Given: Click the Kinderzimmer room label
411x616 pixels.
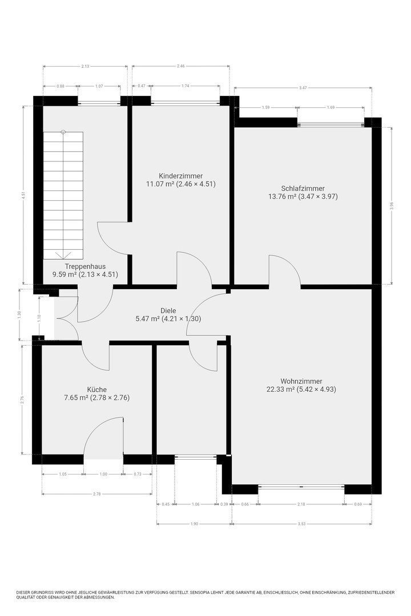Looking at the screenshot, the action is pyautogui.click(x=180, y=176).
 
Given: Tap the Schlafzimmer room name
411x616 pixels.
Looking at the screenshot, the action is pyautogui.click(x=303, y=189).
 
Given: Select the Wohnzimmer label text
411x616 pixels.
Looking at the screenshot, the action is pyautogui.click(x=301, y=381).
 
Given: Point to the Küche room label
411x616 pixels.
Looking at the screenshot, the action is pyautogui.click(x=96, y=390).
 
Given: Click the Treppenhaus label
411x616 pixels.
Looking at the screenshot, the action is pyautogui.click(x=86, y=266).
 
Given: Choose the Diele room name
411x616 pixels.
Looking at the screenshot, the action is pyautogui.click(x=168, y=311).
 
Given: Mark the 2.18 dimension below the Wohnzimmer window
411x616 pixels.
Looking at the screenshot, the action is pyautogui.click(x=301, y=504).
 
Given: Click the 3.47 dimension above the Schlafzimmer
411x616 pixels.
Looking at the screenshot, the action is pyautogui.click(x=303, y=88).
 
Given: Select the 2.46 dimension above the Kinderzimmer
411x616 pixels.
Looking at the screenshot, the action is pyautogui.click(x=180, y=66).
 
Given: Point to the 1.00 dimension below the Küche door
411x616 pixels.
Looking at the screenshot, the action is pyautogui.click(x=103, y=474).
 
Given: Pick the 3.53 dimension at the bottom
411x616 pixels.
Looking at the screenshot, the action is pyautogui.click(x=301, y=524).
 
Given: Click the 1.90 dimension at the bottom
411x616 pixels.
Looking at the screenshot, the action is pyautogui.click(x=194, y=524).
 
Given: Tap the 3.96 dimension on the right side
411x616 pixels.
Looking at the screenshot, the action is pyautogui.click(x=392, y=205).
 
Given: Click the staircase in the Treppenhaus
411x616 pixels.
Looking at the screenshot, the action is pyautogui.click(x=63, y=195).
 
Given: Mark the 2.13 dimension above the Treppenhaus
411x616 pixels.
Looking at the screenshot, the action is pyautogui.click(x=85, y=66).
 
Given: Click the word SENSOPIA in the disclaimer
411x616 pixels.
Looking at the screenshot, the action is pyautogui.click(x=200, y=593).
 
